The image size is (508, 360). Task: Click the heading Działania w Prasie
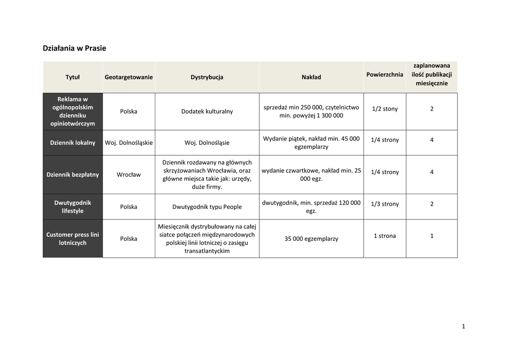point(74,48)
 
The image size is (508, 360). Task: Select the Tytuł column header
point(72,77)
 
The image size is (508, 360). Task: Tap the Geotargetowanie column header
point(128,77)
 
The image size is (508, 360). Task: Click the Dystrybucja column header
point(207,77)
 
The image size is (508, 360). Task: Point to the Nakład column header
point(311,77)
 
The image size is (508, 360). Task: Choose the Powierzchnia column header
point(384,74)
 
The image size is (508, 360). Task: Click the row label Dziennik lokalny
point(72,143)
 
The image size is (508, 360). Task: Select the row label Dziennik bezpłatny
point(72,174)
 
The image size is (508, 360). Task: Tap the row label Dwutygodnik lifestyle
point(72,207)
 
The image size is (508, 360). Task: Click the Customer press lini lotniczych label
point(72,238)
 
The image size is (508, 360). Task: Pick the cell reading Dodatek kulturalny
point(207,111)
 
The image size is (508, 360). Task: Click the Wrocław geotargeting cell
point(128,174)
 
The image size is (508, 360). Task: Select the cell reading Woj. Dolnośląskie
point(128,143)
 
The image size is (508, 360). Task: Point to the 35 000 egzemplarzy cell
point(311,239)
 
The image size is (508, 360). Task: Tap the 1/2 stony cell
point(384,109)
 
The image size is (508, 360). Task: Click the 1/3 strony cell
point(384,204)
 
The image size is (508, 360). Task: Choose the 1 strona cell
point(384,236)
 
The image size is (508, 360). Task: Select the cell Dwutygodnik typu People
point(207,207)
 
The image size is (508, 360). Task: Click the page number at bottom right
point(463,326)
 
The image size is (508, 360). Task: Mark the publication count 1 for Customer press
point(432,236)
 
